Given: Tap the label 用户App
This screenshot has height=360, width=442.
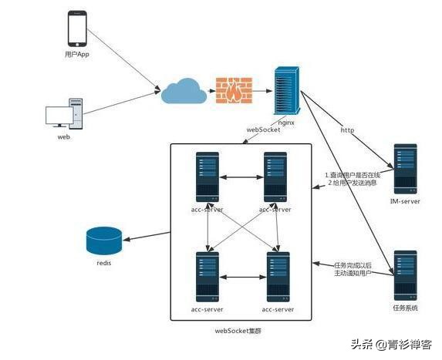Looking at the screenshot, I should tap(78, 56).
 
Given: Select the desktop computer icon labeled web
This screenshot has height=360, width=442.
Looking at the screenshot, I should tap(65, 113).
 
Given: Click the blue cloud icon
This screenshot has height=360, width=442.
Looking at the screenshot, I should tap(184, 92).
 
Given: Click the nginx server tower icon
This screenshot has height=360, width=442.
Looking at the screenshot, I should tap(287, 89).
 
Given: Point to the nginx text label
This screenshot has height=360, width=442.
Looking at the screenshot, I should tap(287, 121).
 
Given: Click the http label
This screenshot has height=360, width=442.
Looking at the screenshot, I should tap(348, 130).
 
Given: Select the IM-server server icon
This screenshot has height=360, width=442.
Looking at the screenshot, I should tap(405, 169).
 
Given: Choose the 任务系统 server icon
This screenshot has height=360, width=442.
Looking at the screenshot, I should tap(405, 274).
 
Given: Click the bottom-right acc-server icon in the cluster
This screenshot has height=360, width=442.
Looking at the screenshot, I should tap(278, 277).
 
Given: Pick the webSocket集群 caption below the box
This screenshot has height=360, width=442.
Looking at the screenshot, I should tap(239, 331).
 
